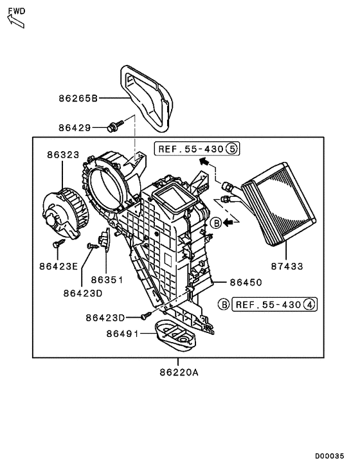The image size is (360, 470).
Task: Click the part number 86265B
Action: coord(77,99)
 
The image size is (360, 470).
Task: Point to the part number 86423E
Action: coord(58,265)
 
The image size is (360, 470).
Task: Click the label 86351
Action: coord(106,280)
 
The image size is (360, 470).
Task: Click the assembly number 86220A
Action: coord(175,372)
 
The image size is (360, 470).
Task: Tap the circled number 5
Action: coord(231,149)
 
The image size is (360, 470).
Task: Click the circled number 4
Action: coord(310,304)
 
